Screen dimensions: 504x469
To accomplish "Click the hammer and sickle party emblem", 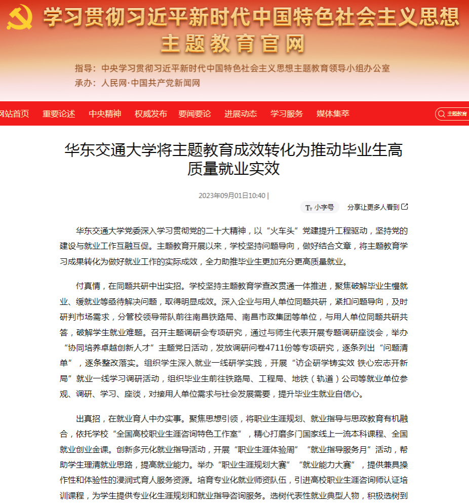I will pyautogui.click(x=20, y=18).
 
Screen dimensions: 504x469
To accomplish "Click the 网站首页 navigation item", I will pyautogui.click(x=14, y=114).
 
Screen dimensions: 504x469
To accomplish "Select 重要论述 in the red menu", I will pyautogui.click(x=59, y=114).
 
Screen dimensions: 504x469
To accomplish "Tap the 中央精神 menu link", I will pyautogui.click(x=105, y=114).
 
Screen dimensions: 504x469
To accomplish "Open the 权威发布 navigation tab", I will pyautogui.click(x=150, y=114).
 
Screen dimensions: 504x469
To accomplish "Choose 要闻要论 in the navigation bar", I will pyautogui.click(x=194, y=114).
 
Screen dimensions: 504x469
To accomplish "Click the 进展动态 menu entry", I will pyautogui.click(x=241, y=114).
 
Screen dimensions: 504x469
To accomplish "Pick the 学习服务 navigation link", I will pyautogui.click(x=287, y=114).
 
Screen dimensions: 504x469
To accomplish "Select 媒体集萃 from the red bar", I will pyautogui.click(x=333, y=114).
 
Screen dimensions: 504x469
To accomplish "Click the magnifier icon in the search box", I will pyautogui.click(x=442, y=114).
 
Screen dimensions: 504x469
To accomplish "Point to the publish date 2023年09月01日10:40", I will pyautogui.click(x=232, y=196).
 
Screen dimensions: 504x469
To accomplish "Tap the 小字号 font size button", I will pyautogui.click(x=320, y=207).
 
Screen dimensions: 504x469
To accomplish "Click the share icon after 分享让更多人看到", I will pyautogui.click(x=405, y=207).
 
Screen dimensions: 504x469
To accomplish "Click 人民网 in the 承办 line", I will pyautogui.click(x=114, y=83).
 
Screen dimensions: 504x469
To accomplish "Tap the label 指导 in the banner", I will pyautogui.click(x=84, y=68).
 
